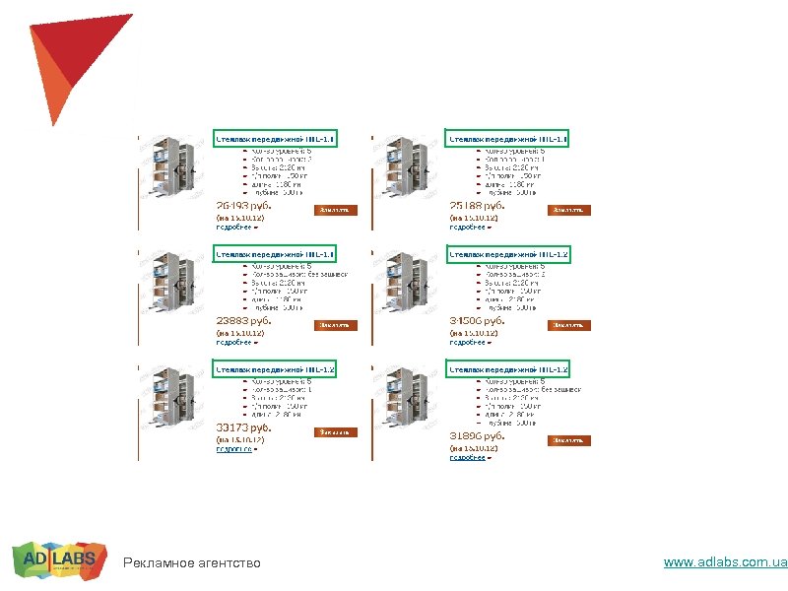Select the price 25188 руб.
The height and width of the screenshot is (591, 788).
point(478,206)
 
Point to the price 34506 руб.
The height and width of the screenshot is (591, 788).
point(478,320)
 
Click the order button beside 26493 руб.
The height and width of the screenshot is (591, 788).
point(335,209)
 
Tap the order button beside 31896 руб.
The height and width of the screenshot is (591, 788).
point(569,439)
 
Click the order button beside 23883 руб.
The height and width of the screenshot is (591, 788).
point(335,324)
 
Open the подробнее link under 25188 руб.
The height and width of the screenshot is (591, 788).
point(470,227)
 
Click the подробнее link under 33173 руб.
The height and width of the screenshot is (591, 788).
point(234,449)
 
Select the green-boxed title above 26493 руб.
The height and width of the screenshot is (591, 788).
point(275,139)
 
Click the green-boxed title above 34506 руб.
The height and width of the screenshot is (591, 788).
point(508,254)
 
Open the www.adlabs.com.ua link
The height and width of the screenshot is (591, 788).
point(725,562)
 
